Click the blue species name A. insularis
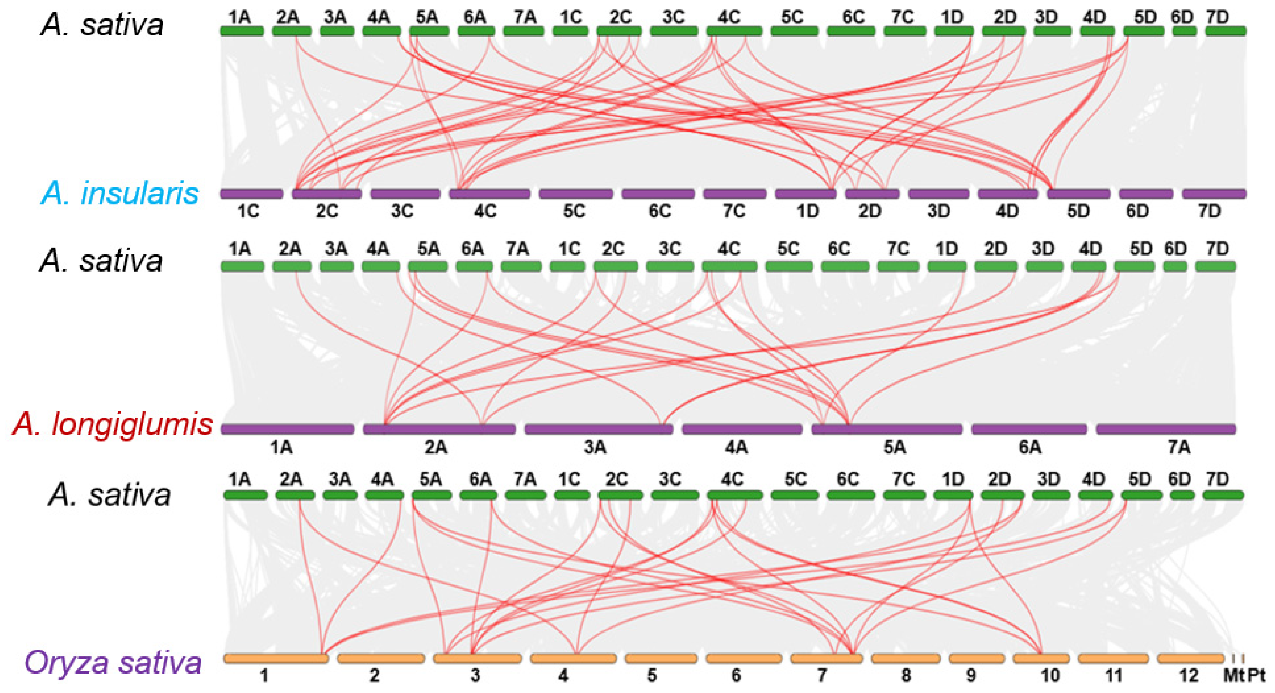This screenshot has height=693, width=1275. coord(120,193)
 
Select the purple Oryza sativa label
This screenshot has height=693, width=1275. coord(113,662)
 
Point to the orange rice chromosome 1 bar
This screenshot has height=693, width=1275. coord(276,658)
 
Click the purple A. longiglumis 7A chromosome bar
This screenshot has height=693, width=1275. coord(1166,429)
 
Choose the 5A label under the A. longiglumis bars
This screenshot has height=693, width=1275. coord(894,448)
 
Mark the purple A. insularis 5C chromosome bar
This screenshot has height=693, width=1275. coord(575,194)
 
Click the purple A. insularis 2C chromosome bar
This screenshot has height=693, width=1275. coord(327,194)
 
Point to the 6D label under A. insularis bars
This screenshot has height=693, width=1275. coord(1137,212)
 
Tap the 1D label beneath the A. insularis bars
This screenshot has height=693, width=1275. coord(808,212)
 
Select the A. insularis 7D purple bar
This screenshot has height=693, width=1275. coord(1214,194)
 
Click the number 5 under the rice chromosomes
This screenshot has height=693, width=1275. coord(652,675)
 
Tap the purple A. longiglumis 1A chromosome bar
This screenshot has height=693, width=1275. coord(287,429)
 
